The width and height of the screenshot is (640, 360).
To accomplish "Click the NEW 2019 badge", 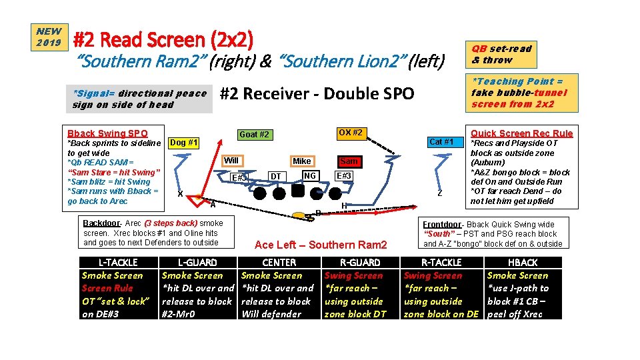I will pos(49,37).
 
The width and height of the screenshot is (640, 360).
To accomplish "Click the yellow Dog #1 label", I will pos(184,142).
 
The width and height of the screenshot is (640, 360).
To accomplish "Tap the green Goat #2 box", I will pos(255,135).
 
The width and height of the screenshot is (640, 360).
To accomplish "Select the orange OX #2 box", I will pos(350,132).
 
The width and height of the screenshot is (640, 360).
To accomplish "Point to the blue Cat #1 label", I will pos(441,141).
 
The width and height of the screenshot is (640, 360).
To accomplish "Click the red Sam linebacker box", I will pos(349,161).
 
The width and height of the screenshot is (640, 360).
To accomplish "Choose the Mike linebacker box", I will pos(302,161).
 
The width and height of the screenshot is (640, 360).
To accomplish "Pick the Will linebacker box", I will pos(231,161).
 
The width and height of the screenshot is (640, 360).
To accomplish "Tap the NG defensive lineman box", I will pos(309,176).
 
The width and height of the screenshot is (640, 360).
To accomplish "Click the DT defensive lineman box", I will pos(275,177).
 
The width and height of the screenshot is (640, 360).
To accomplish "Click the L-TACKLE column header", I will pos(118,263).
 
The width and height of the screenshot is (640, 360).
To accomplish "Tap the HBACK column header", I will pos(523,263).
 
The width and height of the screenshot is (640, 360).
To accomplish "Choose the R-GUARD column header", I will pos(360,263).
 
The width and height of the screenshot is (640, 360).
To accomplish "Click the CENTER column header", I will pos(279,263).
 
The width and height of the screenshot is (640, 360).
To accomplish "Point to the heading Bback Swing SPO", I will pos(107,133).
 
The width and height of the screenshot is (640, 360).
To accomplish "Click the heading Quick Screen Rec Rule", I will pos(521,133).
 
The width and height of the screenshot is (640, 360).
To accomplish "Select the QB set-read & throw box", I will pos(501,54).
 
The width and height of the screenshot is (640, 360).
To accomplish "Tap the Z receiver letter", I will pos(440,193).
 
